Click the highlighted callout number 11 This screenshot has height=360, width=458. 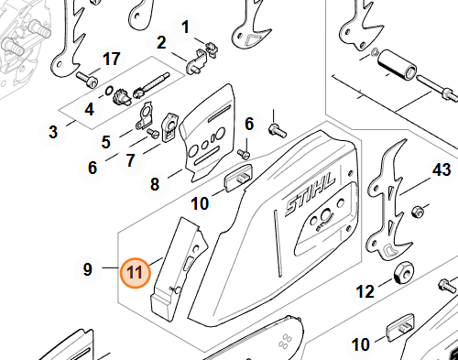coord(136,272)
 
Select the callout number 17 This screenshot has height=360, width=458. coord(112,59)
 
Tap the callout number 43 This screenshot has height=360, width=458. coord(442,169)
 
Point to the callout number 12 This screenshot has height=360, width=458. coord(365,291)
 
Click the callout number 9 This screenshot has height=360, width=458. coord(88,269)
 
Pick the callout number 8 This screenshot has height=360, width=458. coord(155,184)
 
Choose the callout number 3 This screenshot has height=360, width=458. coord(53,132)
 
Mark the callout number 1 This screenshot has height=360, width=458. coord(185,27)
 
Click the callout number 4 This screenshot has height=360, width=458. coord(90,109)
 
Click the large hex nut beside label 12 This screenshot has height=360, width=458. coord(403,273)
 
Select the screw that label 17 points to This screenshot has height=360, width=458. coord(87,79)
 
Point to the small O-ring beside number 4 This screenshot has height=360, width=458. coord(108,91)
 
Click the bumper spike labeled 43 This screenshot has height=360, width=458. coord(389,202)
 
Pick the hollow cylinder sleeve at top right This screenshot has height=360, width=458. coord(397,66)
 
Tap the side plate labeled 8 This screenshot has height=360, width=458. coord(208,135)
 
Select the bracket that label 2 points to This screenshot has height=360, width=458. coord(195,62)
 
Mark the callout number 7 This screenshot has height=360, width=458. coord(131,160)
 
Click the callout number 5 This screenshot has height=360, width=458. coord(106,142)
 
